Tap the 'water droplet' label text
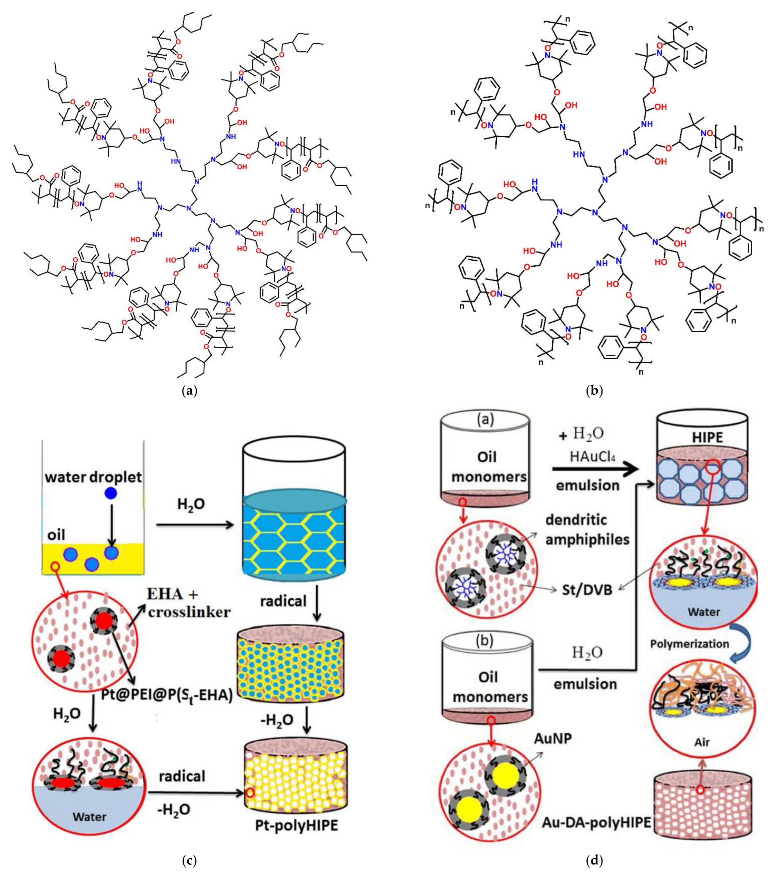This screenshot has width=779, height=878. [94, 477]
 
